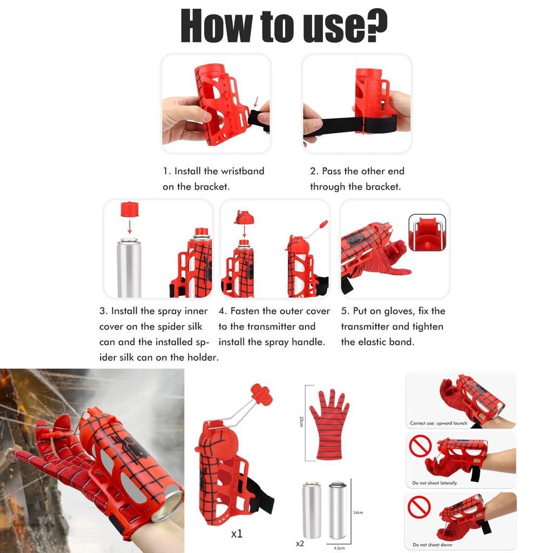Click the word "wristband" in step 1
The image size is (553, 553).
point(242,171)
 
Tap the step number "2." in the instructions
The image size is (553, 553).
point(314,171)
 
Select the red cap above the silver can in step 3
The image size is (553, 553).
point(130,209)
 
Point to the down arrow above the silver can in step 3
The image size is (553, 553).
point(130,227)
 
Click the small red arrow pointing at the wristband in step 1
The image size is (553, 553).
point(255,102)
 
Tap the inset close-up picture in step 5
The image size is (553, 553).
point(427,232)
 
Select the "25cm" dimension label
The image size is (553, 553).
point(301,421)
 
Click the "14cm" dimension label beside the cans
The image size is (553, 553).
point(358,512)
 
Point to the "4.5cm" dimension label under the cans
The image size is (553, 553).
point(339,548)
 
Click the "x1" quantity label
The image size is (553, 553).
point(237,534)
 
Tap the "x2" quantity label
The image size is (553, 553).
point(300,543)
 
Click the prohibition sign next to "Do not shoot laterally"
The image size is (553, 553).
point(420,446)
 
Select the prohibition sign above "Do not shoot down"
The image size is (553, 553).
point(419,507)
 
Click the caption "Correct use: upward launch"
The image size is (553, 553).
point(439,423)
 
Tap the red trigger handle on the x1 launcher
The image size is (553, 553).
point(261,394)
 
